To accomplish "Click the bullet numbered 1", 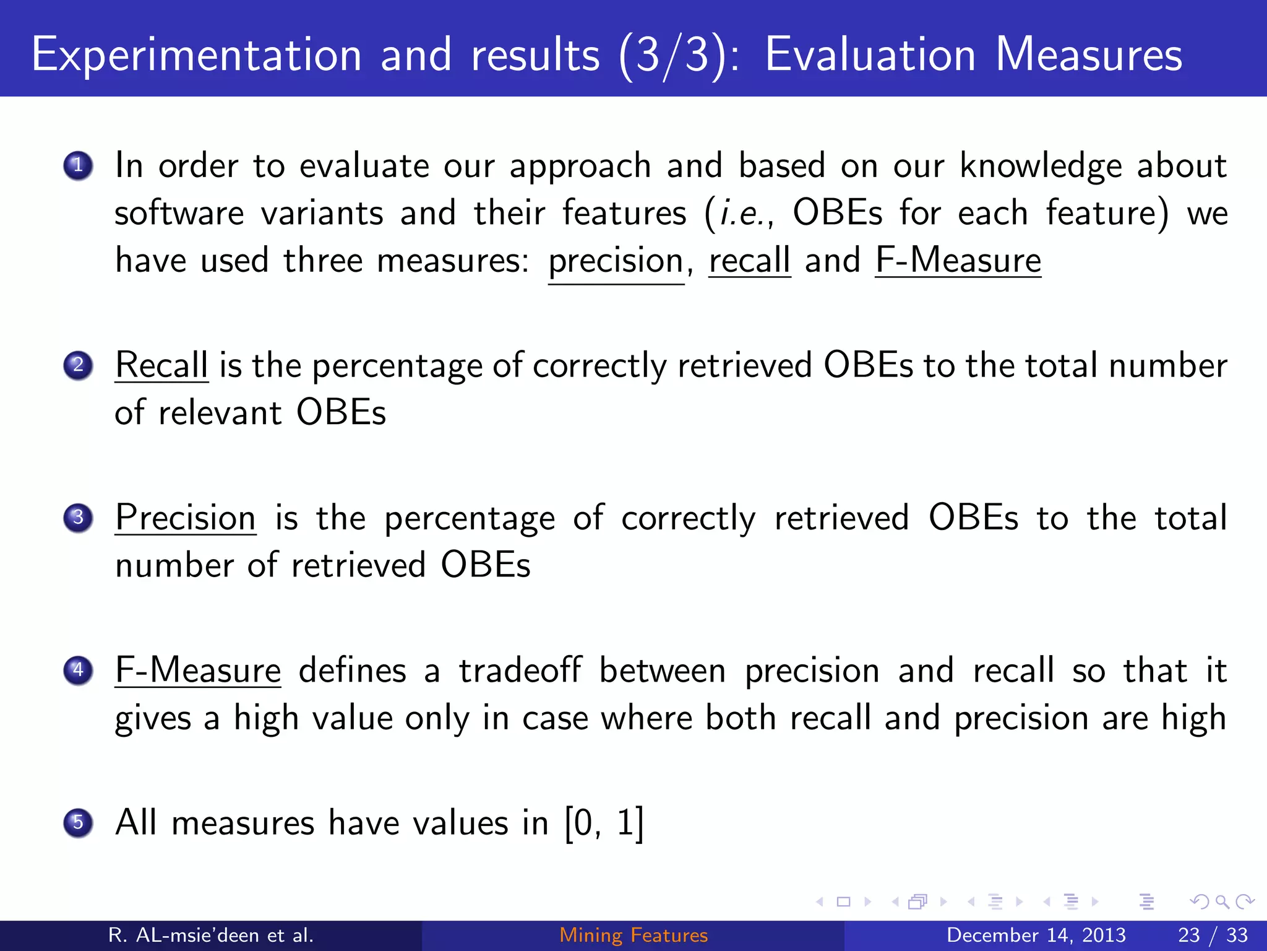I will [78, 166].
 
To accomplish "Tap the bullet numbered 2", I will [78, 365].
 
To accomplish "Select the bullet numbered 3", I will [78, 518].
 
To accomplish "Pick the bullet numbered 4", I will [78, 670].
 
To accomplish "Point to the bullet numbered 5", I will [78, 823].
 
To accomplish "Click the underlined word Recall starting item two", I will [161, 365].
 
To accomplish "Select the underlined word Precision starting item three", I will [186, 518].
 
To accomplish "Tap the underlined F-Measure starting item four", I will [198, 671].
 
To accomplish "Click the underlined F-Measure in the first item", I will [958, 260].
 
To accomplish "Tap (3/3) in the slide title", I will [672, 56].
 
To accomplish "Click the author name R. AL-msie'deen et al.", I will [211, 935].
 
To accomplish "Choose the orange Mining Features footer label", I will [633, 935].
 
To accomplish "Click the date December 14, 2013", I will [1036, 935].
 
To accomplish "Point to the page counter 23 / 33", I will [1213, 935].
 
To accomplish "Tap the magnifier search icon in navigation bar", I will [1222, 901].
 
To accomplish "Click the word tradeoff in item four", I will [520, 671].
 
